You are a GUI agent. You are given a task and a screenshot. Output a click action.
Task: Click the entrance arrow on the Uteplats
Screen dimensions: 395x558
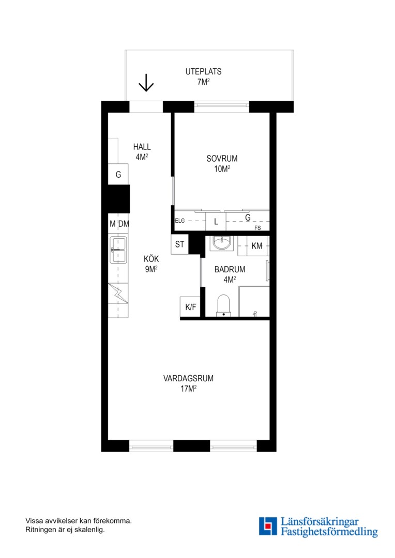point(146,83)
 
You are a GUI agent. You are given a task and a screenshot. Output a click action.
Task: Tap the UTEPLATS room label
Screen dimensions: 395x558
point(203,71)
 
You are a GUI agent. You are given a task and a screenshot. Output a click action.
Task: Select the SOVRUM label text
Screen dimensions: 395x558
point(222,159)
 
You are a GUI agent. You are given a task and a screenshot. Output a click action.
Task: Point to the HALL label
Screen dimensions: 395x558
point(142,147)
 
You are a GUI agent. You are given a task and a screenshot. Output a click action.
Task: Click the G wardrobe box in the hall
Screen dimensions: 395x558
point(118,175)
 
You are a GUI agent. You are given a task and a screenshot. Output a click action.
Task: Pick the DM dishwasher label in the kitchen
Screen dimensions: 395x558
point(124,224)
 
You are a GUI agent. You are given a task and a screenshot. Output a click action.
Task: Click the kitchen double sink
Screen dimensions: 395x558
point(118,250)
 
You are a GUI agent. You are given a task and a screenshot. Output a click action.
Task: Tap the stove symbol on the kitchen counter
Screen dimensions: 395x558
point(118,293)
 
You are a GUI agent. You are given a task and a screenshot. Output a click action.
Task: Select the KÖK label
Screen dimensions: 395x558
point(151,259)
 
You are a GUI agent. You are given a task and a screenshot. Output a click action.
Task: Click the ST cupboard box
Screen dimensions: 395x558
point(179,244)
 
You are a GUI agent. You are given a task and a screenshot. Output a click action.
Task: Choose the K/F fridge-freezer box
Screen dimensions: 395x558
point(191,307)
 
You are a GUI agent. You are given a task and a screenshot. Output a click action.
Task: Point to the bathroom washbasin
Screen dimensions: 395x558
point(222,243)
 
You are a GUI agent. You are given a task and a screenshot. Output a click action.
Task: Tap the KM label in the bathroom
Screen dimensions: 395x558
point(257,246)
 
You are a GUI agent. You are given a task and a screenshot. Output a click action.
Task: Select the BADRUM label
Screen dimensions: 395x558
point(230,269)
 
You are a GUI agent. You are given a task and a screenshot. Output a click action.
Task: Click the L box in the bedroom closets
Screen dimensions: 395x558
point(216,221)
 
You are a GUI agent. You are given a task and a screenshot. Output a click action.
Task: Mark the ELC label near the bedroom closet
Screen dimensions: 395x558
point(180,221)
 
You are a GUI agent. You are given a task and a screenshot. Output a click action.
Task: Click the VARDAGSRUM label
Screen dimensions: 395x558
point(188,378)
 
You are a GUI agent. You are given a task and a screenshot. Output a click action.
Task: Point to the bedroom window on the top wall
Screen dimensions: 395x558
point(222,105)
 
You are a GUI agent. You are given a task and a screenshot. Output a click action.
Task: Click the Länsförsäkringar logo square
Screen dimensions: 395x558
point(268,526)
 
